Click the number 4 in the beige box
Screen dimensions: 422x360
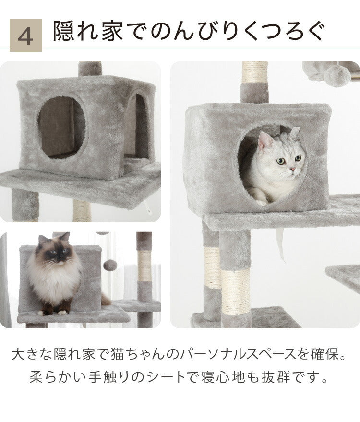[25, 36]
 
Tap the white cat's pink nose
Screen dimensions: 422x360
[292, 169]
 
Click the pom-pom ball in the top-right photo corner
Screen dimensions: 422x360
[338, 75]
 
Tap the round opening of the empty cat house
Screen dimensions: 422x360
[62, 127]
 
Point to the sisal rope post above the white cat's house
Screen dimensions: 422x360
[255, 72]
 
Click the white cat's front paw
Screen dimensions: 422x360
[261, 202]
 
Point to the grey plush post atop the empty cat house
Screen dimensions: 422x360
[90, 69]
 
